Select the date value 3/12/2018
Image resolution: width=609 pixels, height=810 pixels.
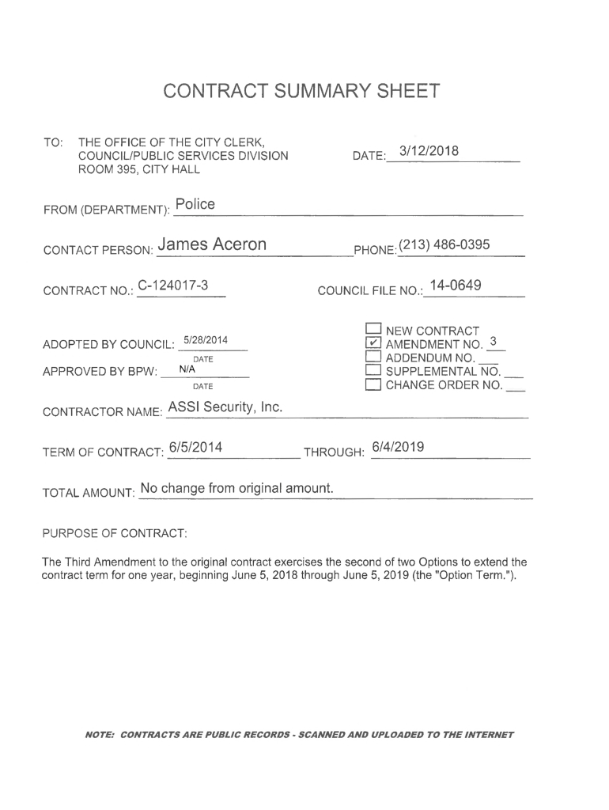(429, 151)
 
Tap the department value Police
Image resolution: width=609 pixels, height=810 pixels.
(195, 205)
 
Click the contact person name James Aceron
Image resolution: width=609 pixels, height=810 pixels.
(212, 244)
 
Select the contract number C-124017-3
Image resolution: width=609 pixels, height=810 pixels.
(172, 285)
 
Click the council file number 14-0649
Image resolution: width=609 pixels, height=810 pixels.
(455, 286)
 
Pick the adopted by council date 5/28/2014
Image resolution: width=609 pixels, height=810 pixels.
(206, 340)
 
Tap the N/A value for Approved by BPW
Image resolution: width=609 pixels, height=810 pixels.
(187, 369)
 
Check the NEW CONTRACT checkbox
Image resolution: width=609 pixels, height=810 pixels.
(374, 331)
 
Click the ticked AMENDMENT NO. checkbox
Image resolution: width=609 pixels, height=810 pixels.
(374, 344)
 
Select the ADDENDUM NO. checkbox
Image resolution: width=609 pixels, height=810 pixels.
(374, 358)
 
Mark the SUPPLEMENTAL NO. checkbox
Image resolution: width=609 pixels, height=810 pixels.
(374, 371)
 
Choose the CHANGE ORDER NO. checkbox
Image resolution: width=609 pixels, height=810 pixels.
(374, 385)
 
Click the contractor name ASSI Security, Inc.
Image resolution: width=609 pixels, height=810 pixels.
(225, 407)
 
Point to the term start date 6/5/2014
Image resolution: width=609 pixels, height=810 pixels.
(195, 448)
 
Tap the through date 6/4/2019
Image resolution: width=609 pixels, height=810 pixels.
(398, 448)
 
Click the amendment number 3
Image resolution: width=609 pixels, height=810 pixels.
(493, 342)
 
